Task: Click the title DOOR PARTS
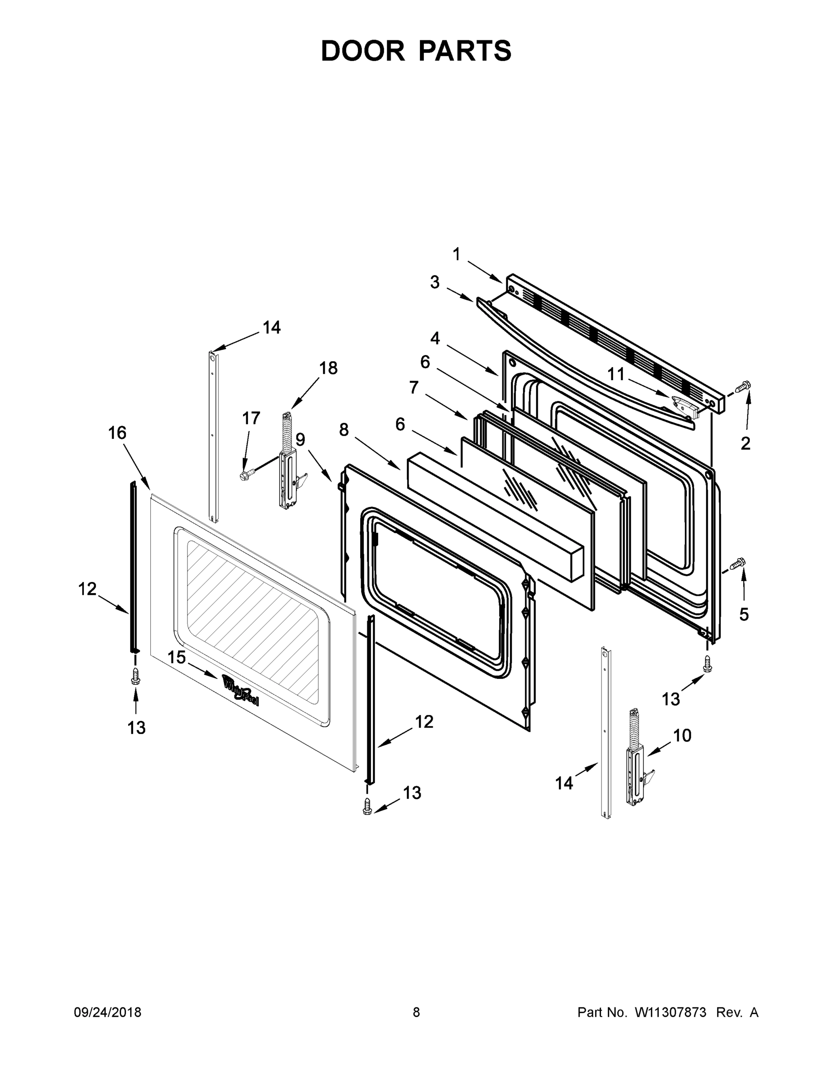point(416,51)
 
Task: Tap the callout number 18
point(328,368)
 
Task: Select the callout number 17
point(251,418)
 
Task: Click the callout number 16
point(118,433)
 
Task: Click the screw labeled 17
point(245,475)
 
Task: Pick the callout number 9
point(300,439)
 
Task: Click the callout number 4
point(435,338)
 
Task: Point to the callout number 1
point(457,255)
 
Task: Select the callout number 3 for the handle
point(434,282)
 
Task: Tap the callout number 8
point(344,430)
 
